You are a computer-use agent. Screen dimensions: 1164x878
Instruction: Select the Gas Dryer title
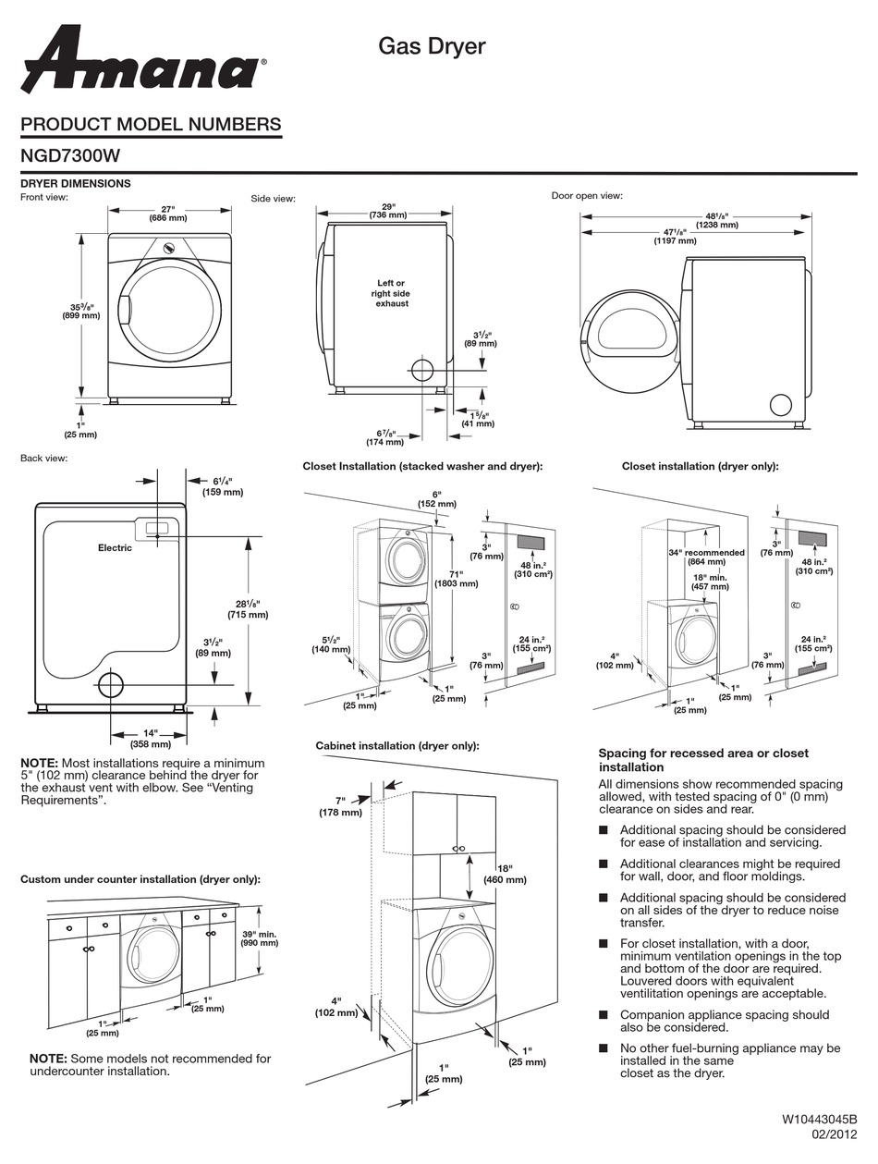point(432,46)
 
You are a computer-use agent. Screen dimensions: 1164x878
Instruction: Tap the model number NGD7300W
point(70,156)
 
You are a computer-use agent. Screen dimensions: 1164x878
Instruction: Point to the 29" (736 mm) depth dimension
point(388,211)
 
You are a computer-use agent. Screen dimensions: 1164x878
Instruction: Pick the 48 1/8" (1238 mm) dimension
point(717,220)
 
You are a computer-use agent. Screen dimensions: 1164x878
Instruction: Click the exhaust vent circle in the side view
point(421,371)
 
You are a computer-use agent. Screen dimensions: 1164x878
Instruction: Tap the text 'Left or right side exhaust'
point(391,293)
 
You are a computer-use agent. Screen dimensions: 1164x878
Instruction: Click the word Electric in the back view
point(115,548)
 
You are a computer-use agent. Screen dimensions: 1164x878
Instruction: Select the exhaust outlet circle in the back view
point(110,685)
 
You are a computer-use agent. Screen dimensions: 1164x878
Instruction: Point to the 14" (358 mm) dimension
point(150,738)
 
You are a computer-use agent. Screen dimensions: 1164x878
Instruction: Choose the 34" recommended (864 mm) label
point(707,557)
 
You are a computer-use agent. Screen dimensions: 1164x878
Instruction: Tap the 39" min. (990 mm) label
point(259,938)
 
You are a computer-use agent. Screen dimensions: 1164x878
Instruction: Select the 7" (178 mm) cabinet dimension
point(340,806)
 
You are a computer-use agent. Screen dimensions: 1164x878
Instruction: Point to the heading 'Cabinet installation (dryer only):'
point(397,745)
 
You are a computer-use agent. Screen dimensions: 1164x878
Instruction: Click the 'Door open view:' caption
point(587,196)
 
